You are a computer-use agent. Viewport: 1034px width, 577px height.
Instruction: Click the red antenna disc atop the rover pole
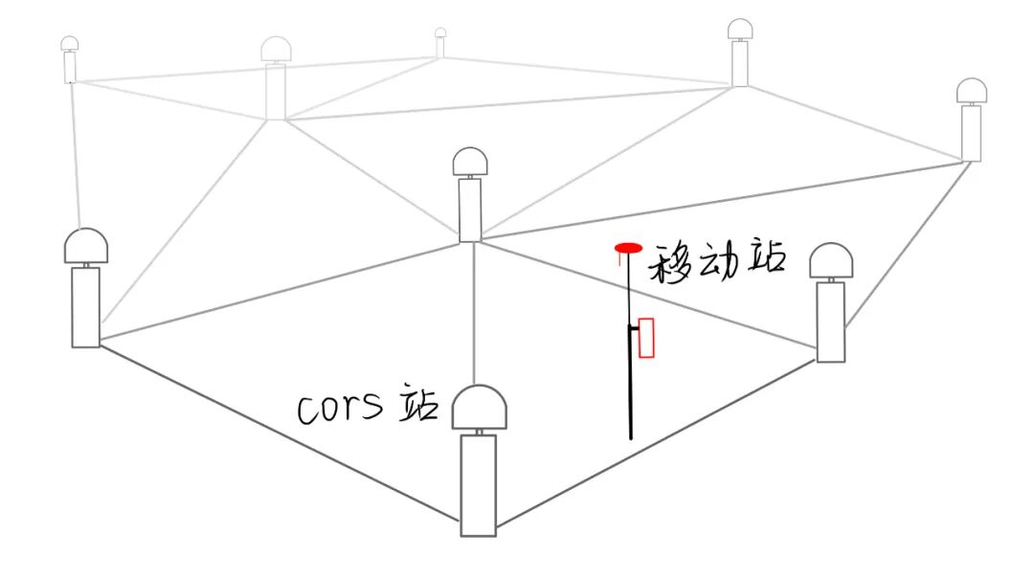click(628, 249)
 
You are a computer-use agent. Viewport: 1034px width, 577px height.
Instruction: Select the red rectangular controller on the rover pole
click(646, 338)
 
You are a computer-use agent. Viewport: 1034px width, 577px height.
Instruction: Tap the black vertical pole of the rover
click(630, 392)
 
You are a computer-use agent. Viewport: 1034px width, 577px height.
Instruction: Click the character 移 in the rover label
click(670, 262)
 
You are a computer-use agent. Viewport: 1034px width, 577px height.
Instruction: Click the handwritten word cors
click(340, 409)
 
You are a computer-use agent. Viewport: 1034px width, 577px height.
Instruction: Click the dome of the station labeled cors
click(479, 409)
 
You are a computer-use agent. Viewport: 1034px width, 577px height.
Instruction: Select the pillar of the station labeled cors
click(479, 484)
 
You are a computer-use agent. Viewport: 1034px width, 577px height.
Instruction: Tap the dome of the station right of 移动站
click(831, 262)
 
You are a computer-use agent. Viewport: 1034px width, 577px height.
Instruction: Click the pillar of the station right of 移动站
click(830, 322)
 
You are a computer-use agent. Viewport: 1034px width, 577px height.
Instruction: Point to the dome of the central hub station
click(470, 161)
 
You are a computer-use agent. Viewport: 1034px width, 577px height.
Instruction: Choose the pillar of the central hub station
click(470, 210)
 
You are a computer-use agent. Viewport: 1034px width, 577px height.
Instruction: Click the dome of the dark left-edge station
click(85, 247)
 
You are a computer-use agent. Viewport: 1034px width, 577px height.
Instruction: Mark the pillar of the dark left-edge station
click(85, 307)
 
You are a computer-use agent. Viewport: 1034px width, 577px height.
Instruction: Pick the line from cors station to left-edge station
click(278, 436)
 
